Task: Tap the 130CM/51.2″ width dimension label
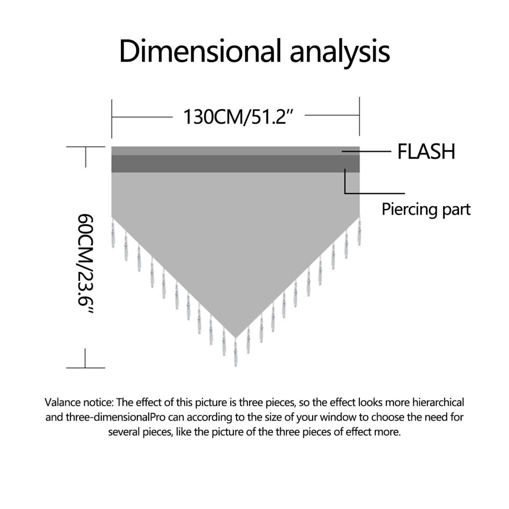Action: [x=239, y=117]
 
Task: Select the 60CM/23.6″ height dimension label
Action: [x=85, y=264]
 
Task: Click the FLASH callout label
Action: [x=426, y=152]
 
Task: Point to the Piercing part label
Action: [x=426, y=209]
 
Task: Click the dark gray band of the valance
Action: [x=235, y=163]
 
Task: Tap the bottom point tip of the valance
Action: [x=235, y=338]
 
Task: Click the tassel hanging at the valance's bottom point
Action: [x=235, y=353]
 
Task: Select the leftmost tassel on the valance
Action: [x=113, y=232]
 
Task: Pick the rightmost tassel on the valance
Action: [x=359, y=231]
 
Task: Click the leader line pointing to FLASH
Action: [x=366, y=151]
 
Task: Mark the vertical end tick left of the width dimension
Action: [x=112, y=119]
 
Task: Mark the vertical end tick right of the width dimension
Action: [x=359, y=116]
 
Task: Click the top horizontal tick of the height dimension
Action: [x=86, y=147]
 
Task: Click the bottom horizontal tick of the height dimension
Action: [x=86, y=368]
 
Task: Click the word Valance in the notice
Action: [x=63, y=403]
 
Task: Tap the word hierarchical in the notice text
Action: [x=438, y=403]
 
